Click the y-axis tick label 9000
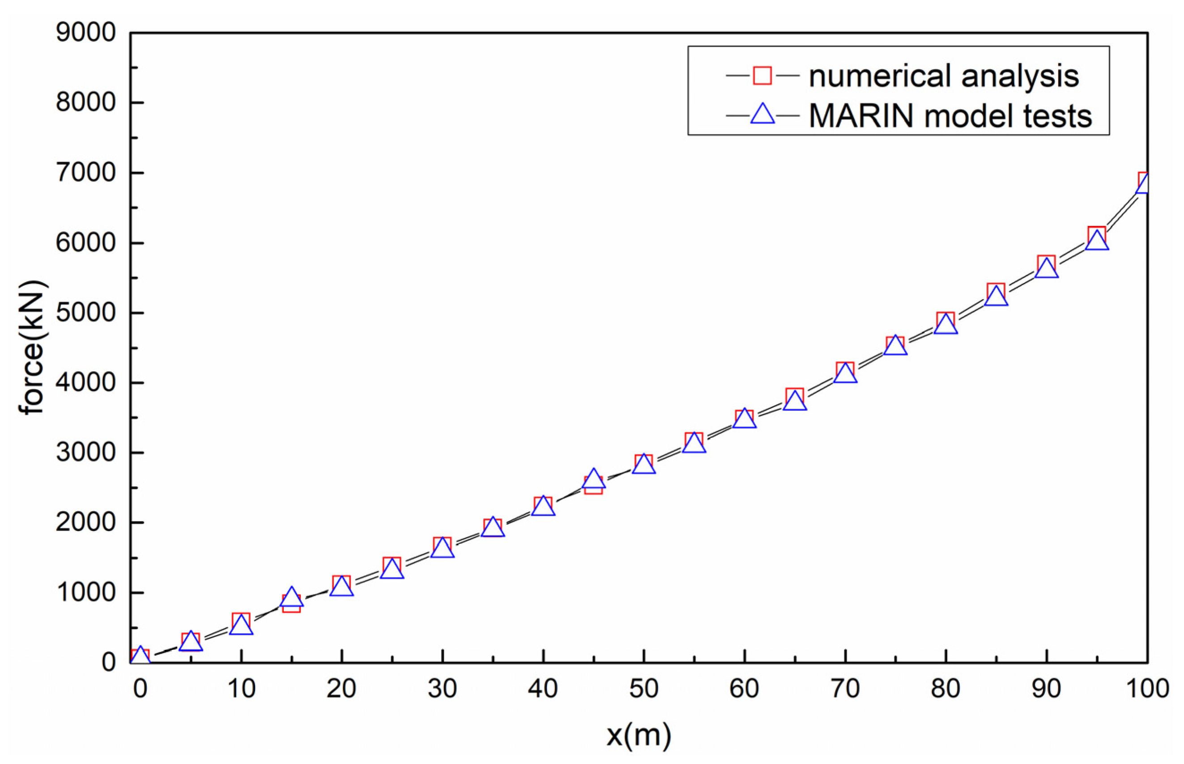[x=85, y=33]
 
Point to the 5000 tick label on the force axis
[x=85, y=313]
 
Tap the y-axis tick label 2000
[x=85, y=522]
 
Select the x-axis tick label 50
[x=643, y=688]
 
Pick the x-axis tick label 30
[x=442, y=688]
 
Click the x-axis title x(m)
[x=639, y=735]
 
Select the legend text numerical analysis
[x=943, y=76]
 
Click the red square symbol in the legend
[x=762, y=76]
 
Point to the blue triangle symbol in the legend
[x=762, y=115]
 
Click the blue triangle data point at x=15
[x=292, y=598]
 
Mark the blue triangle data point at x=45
[x=593, y=479]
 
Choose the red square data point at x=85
[x=996, y=292]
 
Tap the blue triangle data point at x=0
[x=140, y=656]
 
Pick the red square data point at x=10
[x=241, y=620]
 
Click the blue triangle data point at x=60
[x=744, y=420]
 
